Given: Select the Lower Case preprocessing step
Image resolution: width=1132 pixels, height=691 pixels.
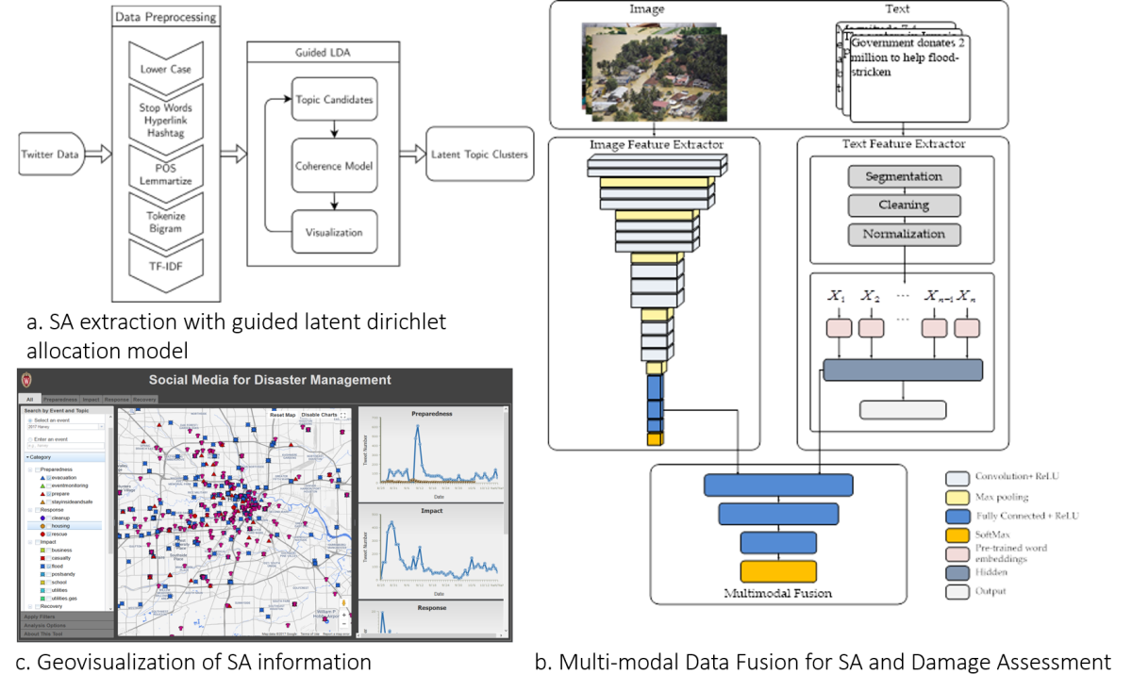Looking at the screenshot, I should [165, 68].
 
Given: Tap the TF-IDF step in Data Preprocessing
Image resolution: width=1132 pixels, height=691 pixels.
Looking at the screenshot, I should [165, 267].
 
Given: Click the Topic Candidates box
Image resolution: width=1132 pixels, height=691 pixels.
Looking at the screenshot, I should [334, 99].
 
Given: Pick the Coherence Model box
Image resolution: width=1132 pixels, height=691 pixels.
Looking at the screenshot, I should [334, 166].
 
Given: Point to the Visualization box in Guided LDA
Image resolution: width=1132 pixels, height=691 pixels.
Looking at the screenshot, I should [334, 232].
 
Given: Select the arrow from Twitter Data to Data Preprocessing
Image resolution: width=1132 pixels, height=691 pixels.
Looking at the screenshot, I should [98, 155].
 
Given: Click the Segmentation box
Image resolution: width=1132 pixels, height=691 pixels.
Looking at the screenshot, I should [904, 176].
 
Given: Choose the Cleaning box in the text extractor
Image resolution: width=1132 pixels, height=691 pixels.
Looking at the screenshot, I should [904, 205].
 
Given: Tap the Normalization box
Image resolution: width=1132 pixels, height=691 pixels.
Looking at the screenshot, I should [904, 233].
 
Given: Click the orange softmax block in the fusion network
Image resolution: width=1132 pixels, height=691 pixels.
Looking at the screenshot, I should [778, 571].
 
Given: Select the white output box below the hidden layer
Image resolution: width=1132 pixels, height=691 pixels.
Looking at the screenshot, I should [902, 410].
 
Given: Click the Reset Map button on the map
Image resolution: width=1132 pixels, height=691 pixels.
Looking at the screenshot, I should [282, 415].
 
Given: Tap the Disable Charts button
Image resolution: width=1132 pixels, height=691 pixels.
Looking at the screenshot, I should [319, 415].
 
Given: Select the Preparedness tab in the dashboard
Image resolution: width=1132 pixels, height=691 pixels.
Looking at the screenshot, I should [60, 400].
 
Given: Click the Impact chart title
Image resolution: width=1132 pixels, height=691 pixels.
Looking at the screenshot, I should [432, 511].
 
